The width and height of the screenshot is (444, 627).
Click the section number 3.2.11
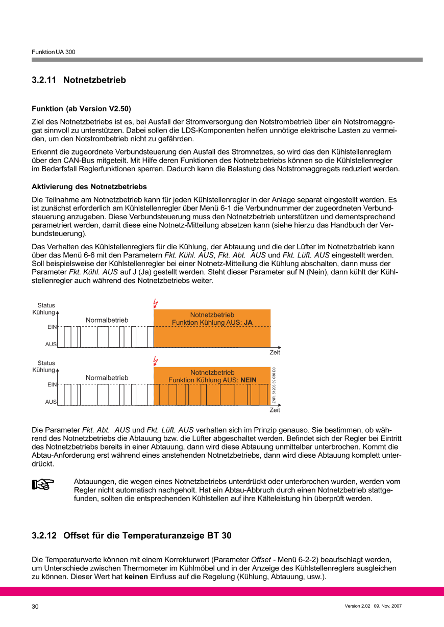(x=44, y=80)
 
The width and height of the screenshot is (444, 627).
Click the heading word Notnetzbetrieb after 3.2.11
(x=94, y=80)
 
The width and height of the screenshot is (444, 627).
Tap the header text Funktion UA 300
(x=54, y=52)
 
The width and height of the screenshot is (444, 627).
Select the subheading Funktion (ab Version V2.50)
(x=81, y=109)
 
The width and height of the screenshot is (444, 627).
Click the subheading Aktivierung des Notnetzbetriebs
(x=89, y=187)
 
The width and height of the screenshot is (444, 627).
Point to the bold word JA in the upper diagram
(x=249, y=323)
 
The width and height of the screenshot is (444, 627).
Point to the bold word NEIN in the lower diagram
(x=249, y=380)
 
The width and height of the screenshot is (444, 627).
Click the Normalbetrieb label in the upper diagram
(x=107, y=320)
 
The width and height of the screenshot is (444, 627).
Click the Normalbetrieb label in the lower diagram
(x=107, y=378)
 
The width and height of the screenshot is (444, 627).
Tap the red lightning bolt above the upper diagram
(x=156, y=303)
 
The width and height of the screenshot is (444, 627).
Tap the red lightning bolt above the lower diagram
(x=156, y=361)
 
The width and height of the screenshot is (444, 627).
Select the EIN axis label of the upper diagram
(x=52, y=327)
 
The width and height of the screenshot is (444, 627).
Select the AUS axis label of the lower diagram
(x=51, y=402)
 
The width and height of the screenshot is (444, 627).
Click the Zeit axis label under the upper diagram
(x=275, y=353)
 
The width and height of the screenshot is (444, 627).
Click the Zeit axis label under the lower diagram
(x=275, y=410)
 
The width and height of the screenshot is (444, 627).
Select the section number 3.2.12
(x=44, y=536)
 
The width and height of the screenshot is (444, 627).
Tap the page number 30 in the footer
(x=35, y=607)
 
